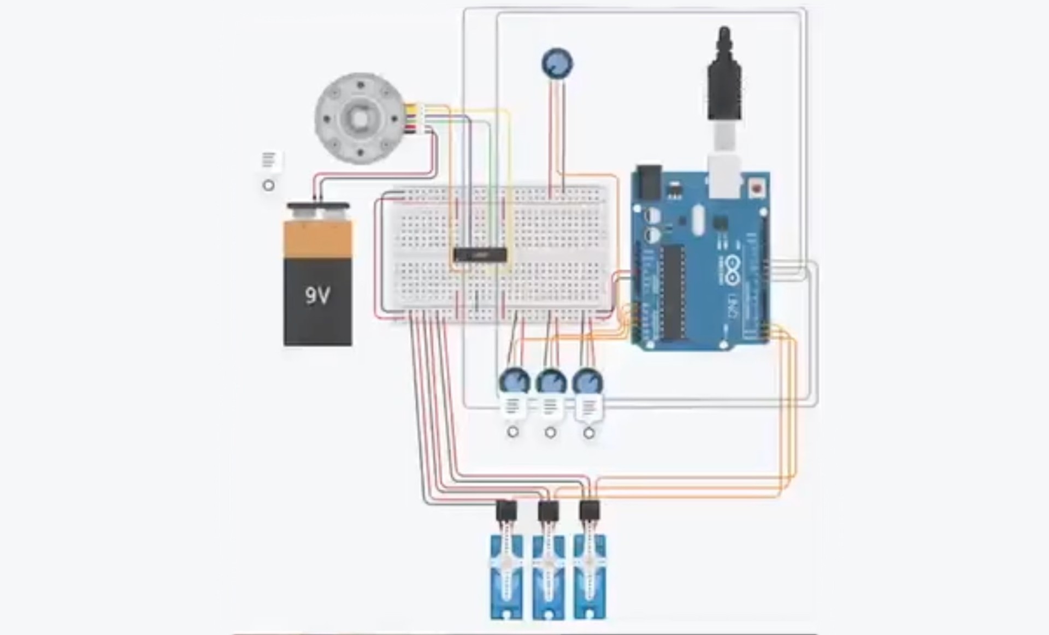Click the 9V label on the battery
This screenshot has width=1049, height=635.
click(x=317, y=295)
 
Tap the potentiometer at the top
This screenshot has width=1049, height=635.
click(x=557, y=63)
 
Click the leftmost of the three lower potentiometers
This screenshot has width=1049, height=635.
click(x=514, y=381)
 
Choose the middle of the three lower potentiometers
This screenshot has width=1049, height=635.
click(x=551, y=381)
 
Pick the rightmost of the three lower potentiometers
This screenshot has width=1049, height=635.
click(x=587, y=381)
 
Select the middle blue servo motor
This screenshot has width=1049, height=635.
click(x=548, y=576)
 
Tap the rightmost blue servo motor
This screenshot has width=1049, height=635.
click(x=590, y=576)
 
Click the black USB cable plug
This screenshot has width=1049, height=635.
click(x=724, y=82)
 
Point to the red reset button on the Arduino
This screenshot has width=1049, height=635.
click(x=757, y=189)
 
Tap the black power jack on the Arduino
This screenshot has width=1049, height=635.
click(x=649, y=181)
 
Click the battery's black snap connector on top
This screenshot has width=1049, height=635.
click(x=317, y=206)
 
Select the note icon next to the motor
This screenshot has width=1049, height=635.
click(x=268, y=161)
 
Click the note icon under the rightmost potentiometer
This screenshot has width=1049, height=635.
click(x=589, y=407)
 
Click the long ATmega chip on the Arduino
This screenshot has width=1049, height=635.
click(x=673, y=292)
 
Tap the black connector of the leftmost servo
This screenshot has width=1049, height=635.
click(x=506, y=512)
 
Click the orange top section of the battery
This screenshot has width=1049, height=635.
click(x=317, y=239)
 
